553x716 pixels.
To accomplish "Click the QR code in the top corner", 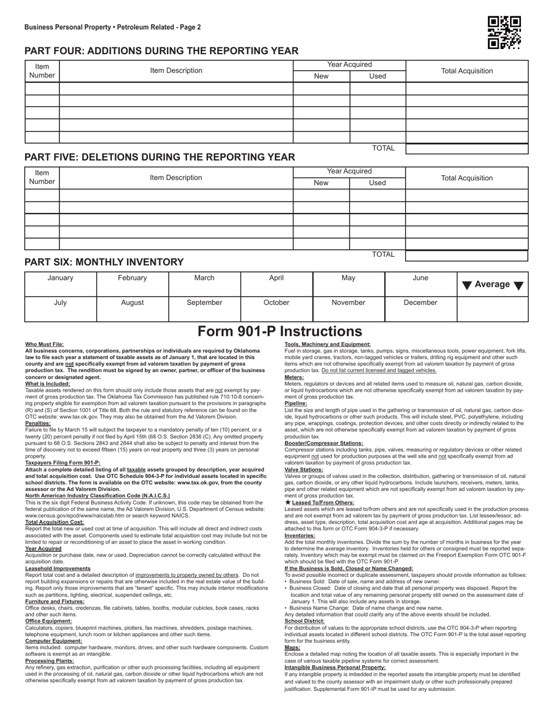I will click(504, 32).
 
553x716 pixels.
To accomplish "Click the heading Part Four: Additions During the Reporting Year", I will click(161, 51).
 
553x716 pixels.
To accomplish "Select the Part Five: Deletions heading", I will click(159, 157).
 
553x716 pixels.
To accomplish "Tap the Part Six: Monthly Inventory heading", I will click(104, 263).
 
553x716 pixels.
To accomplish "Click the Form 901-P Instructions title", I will click(279, 331).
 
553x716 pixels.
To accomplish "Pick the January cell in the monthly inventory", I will click(60, 278).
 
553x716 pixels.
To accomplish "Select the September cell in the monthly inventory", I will click(204, 303).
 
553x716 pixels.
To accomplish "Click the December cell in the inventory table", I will click(420, 303).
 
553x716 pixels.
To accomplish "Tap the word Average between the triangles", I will click(492, 285).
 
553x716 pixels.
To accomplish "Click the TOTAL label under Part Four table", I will click(383, 148).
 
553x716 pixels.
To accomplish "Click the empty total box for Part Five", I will click(466, 255).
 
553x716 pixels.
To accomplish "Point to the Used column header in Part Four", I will click(377, 76).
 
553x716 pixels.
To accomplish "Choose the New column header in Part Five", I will click(321, 183).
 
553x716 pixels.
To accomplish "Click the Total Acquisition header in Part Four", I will click(467, 71).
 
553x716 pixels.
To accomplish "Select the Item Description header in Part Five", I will click(176, 178).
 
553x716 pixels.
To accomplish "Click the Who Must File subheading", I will click(45, 345).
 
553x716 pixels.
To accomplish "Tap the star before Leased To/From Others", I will click(288, 502).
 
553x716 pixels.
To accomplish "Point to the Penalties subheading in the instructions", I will click(38, 407).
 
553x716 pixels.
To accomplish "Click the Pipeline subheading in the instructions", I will click(296, 403).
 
